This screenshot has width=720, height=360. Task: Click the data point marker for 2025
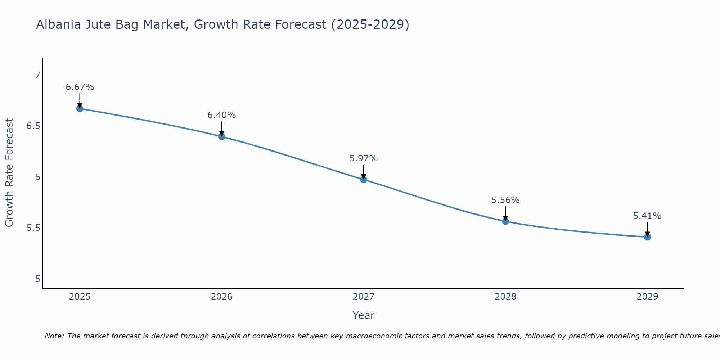coord(80,108)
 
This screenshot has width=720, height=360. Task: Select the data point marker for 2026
coord(221,136)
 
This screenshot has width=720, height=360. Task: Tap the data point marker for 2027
coord(364,179)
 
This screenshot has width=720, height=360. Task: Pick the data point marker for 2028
coord(505,221)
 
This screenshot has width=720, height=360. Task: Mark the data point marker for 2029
coord(647,237)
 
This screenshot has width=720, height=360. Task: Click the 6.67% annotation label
coord(80,87)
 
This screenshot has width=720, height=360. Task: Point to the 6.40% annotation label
coord(221,115)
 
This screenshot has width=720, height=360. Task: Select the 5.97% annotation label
coord(364,158)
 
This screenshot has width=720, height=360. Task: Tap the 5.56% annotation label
coord(505,200)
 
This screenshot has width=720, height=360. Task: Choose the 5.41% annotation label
coord(647,216)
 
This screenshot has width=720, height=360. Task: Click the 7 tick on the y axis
coord(37,75)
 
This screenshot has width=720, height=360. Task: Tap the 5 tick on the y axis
coord(37,279)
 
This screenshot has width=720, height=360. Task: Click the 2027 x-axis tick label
coord(364,297)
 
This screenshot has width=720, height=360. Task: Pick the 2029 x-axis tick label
coord(647,297)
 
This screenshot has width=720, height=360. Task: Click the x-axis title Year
coord(364,315)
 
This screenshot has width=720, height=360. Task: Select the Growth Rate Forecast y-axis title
coord(9,173)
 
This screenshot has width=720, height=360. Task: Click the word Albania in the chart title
coord(59,24)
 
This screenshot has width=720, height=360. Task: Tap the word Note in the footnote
coord(54,336)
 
